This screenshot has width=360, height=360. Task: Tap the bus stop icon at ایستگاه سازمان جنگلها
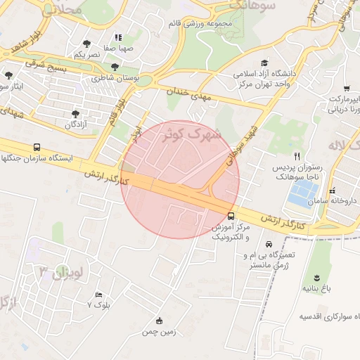(37, 148)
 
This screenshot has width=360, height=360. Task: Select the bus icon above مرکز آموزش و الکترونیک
(231, 216)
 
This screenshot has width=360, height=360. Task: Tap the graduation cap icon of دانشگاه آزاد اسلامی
(264, 63)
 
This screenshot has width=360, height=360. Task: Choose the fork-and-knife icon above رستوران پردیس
(297, 156)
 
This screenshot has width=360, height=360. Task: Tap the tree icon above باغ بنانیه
(316, 276)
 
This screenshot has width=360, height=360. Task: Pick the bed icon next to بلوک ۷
(99, 295)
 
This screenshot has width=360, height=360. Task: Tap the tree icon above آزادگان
(75, 112)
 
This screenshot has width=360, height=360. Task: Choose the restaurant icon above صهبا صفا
(118, 37)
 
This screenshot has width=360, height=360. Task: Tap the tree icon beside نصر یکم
(86, 44)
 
